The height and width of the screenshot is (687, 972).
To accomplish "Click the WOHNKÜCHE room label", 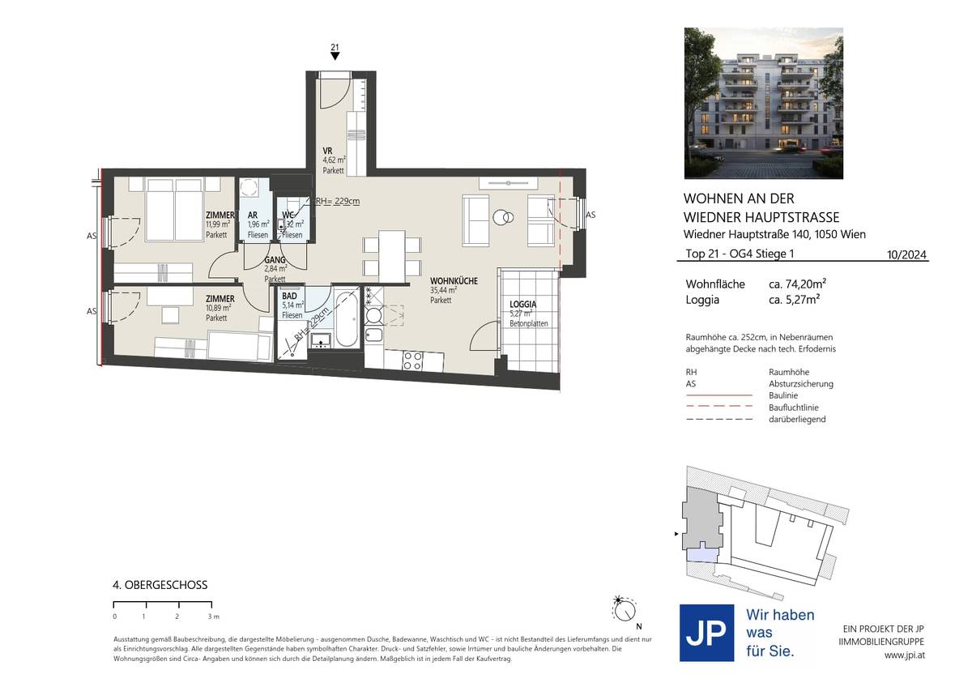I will pos(453,280).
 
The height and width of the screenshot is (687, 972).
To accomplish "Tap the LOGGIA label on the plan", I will pos(523,304).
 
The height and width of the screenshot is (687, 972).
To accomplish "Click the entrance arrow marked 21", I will pos(335,53).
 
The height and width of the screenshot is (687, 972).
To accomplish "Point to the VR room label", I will pos(327,151).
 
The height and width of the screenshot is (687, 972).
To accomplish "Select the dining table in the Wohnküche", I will pos(392,254).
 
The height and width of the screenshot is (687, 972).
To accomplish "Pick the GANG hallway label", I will pos(274,260).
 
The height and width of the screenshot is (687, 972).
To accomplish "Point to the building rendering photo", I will pos(763,103).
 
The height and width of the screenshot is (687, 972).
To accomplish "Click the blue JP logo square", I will pos(706,633).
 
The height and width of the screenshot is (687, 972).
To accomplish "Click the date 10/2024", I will pos(907,254).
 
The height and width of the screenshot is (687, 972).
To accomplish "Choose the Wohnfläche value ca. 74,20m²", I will pos(797,284).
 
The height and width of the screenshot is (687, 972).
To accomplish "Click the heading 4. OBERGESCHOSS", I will pos(160,584).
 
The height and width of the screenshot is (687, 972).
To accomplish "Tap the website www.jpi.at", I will pos(906,655).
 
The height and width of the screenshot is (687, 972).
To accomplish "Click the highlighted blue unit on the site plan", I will pos(706,555).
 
